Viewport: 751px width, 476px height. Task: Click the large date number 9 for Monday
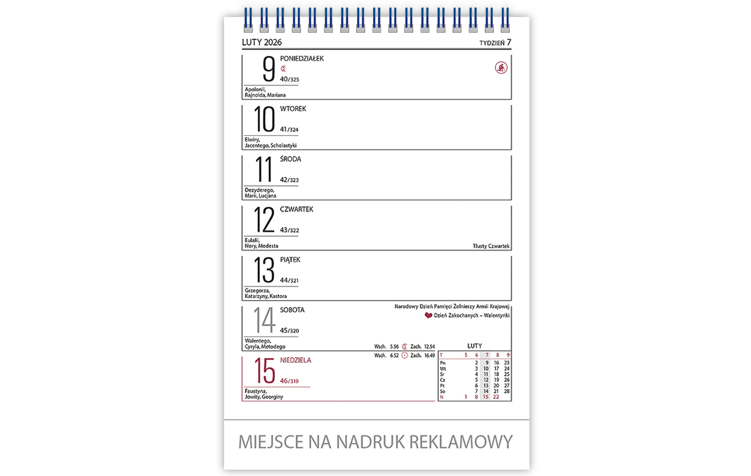[x=268, y=69]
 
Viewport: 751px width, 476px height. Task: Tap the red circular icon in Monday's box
[x=501, y=68]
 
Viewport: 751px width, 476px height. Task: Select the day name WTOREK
[x=293, y=109]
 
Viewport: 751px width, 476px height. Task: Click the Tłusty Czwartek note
[x=492, y=246]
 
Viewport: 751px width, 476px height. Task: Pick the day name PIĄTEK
[x=291, y=259]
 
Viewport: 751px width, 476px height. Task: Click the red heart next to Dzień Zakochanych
[x=428, y=316]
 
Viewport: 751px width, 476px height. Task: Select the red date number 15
[x=265, y=371]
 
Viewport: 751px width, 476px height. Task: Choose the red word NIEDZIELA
[x=295, y=360]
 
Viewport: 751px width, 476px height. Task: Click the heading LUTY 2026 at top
[x=262, y=43]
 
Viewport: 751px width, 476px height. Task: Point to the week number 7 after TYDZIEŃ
[x=509, y=42]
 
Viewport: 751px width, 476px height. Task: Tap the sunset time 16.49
[x=429, y=356]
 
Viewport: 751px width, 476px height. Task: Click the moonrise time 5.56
[x=394, y=346]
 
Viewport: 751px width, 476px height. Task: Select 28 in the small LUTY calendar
[x=506, y=391]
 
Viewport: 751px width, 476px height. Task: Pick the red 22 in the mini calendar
[x=496, y=396]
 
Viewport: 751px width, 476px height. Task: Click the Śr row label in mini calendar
[x=442, y=374]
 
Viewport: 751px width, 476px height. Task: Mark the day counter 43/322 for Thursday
[x=289, y=230]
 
